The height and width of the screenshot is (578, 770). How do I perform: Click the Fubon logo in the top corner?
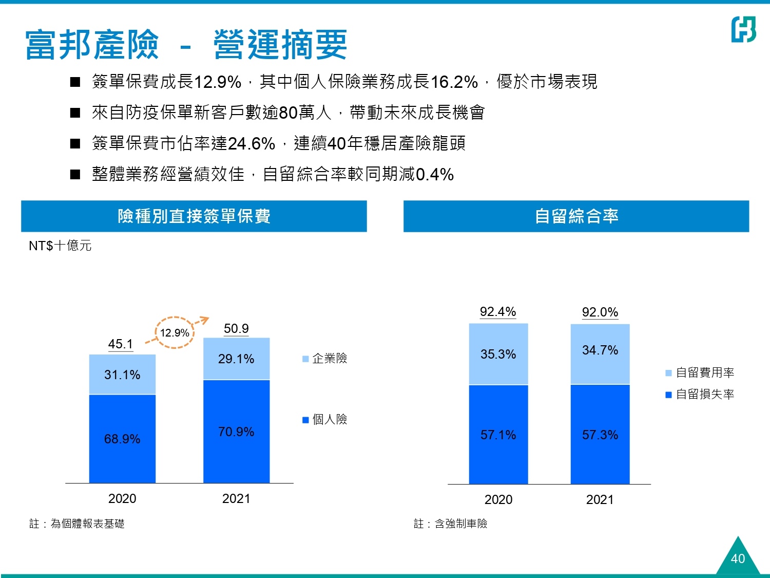click(743, 29)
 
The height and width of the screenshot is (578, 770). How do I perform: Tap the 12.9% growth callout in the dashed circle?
click(175, 333)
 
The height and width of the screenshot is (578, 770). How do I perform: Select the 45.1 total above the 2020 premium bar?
click(121, 344)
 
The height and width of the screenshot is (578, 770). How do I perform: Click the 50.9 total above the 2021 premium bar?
click(236, 328)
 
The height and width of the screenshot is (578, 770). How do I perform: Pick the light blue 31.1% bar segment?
click(122, 375)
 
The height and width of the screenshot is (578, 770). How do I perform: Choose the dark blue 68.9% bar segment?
click(122, 439)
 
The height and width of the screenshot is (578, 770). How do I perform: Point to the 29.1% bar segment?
click(236, 359)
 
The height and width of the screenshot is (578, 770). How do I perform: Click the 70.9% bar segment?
click(236, 432)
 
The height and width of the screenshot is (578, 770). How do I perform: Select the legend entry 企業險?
click(325, 359)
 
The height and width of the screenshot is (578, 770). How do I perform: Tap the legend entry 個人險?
click(325, 420)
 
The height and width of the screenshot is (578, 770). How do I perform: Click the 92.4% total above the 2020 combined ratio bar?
click(498, 312)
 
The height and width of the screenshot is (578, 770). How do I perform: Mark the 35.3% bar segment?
click(498, 354)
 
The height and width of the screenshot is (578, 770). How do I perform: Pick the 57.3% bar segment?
click(600, 435)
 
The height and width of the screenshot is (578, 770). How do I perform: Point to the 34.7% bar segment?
click(600, 350)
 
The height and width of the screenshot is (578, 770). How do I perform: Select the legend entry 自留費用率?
click(700, 372)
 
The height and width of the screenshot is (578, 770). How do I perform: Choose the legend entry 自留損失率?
click(700, 394)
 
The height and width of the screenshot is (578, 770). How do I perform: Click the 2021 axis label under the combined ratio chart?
click(600, 499)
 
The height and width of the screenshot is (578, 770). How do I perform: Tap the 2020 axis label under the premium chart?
click(122, 498)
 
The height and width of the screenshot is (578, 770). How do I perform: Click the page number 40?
click(738, 558)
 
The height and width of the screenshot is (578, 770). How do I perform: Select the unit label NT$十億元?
click(60, 246)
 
